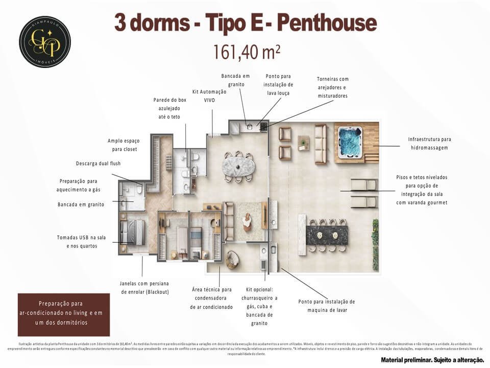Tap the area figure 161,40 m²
[x=247, y=52]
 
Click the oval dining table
[x=238, y=166]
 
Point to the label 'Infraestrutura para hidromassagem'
[x=430, y=143]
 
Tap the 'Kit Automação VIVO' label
[x=209, y=96]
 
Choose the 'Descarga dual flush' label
[x=98, y=164]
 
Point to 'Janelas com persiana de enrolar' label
[x=144, y=287]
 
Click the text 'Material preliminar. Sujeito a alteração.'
[x=428, y=360]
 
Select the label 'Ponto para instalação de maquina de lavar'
[x=327, y=306]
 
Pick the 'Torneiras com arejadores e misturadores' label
[x=333, y=87]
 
